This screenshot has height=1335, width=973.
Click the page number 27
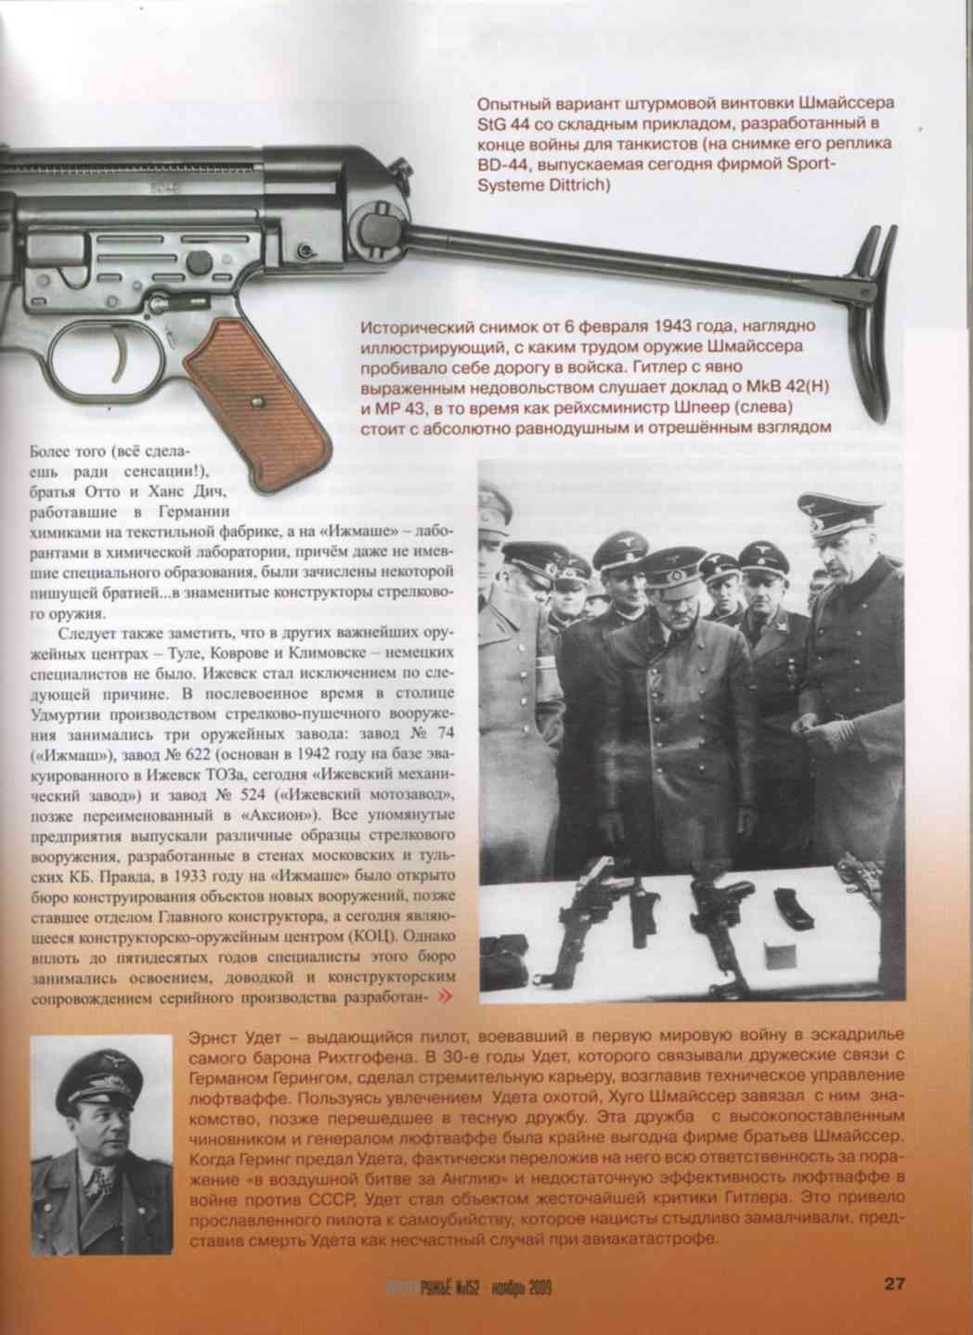coord(893,1284)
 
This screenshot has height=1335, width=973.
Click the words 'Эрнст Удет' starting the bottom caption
coord(234,1035)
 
